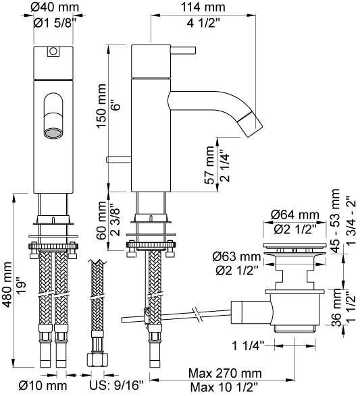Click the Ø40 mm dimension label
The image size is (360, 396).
coord(55,7)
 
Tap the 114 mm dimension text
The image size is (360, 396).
coord(203,7)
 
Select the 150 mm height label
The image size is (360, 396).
coord(101,106)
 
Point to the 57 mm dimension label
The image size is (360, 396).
coord(209,165)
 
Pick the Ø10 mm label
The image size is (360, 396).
coord(43,386)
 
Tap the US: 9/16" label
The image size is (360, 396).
coord(116,386)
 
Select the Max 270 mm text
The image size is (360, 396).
coord(225,373)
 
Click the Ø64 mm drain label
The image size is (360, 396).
coord(295,215)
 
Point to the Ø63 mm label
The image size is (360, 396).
coord(236,257)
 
